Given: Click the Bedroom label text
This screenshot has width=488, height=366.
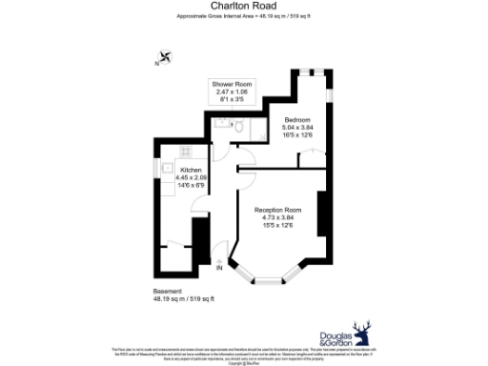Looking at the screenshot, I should (297, 119).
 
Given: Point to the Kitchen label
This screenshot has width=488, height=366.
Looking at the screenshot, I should (191, 171).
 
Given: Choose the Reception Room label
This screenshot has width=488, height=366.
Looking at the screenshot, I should (277, 209).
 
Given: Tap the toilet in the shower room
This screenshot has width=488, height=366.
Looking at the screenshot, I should (240, 127).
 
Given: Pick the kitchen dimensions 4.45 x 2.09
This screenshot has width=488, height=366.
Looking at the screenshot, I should (191, 178).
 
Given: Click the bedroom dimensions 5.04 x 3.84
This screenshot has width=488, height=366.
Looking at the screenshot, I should (297, 127).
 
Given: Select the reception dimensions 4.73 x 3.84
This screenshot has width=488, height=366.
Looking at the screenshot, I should (277, 216).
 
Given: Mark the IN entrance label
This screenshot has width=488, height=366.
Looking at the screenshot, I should (219, 268).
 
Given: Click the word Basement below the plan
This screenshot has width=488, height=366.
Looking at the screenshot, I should (166, 290).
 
